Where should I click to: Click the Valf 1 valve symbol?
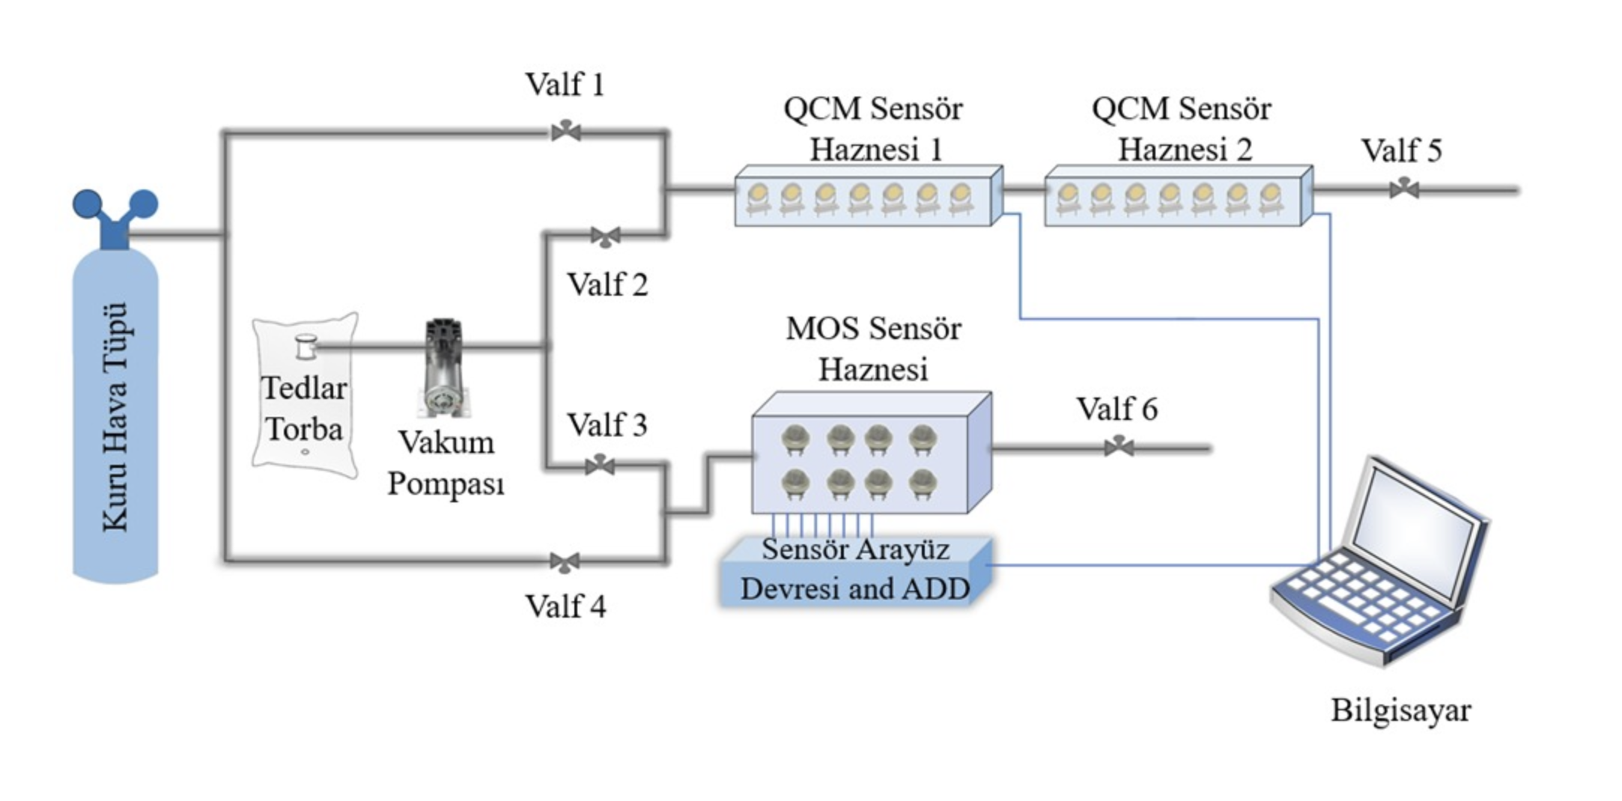(x=565, y=131)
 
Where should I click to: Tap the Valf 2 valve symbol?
(x=605, y=237)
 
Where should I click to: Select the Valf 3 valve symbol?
(x=600, y=465)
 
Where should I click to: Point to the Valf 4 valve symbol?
(x=565, y=561)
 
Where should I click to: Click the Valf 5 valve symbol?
(x=1404, y=189)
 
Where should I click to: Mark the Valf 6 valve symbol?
(x=1119, y=447)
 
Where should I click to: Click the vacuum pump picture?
(x=444, y=367)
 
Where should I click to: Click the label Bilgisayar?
(x=1400, y=710)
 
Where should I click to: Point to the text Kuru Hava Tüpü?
(x=115, y=417)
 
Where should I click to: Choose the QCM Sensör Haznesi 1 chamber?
(x=867, y=197)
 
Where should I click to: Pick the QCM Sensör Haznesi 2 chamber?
(x=1177, y=197)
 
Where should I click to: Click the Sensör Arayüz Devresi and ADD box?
(x=855, y=570)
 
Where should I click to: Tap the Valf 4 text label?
(x=565, y=606)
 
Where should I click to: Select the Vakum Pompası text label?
(x=446, y=463)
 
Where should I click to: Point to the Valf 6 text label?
(x=1117, y=409)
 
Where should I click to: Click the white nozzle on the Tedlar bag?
(x=306, y=347)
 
